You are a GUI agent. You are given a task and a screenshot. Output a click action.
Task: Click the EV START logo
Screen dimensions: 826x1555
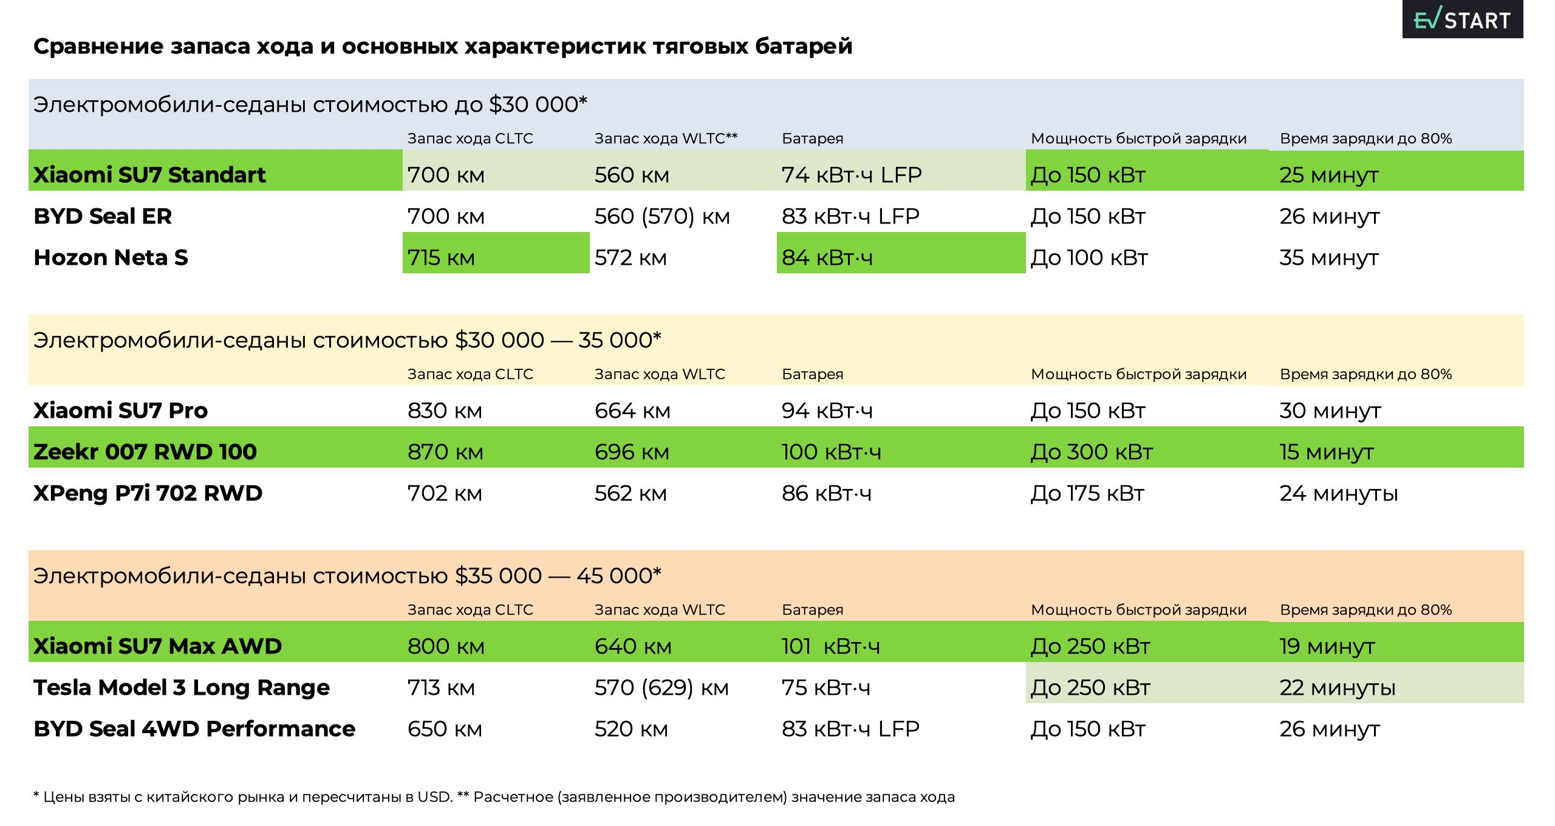point(1461,20)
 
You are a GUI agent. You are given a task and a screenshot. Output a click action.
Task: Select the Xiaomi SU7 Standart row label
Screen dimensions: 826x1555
point(149,175)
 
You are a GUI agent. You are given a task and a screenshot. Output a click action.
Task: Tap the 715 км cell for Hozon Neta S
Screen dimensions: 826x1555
point(442,258)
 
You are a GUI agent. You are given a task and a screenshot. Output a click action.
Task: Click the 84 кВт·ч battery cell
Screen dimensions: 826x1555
point(827,258)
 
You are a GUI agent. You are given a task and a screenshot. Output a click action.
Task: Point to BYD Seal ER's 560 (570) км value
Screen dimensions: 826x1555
point(662,216)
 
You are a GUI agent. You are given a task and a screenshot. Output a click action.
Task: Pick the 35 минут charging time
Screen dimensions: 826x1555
point(1329,258)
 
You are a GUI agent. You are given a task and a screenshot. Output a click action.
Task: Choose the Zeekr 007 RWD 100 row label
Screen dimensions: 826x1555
point(145,452)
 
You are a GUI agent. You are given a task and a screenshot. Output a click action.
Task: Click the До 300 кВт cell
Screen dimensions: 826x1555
point(1092,452)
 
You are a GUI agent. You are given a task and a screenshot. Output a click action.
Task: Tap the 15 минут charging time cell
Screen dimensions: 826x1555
point(1327,452)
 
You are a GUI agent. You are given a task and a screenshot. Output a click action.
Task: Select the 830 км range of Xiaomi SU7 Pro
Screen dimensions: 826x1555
point(445,411)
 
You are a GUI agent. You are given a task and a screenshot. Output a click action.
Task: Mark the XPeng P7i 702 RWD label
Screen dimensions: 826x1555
point(148,493)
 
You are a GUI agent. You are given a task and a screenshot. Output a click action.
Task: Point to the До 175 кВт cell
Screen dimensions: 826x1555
point(1087,493)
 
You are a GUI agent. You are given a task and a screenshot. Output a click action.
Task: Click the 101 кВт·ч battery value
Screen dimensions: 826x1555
point(830,646)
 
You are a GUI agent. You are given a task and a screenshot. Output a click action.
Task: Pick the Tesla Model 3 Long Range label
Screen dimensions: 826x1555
point(182,688)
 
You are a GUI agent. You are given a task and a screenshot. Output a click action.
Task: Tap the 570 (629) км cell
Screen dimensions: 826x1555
point(661,688)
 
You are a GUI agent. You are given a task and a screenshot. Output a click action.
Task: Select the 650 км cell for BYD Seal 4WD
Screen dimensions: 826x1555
point(445,729)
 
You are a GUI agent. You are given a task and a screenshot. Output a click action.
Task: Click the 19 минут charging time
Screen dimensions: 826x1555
point(1327,646)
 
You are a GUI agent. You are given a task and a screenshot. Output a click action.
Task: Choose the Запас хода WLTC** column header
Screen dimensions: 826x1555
point(666,138)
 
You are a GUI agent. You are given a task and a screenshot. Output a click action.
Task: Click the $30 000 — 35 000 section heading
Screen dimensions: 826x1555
point(347,340)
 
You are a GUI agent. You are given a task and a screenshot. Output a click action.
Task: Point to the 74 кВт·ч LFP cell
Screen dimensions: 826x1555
point(852,175)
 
